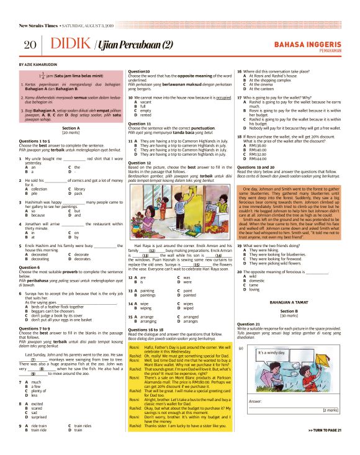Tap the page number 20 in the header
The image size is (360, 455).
pyautogui.click(x=29, y=45)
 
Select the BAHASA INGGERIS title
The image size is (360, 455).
pyautogui.click(x=307, y=43)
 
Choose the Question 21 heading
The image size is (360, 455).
pyautogui.click(x=249, y=323)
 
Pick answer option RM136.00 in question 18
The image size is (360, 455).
pyautogui.click(x=258, y=145)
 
